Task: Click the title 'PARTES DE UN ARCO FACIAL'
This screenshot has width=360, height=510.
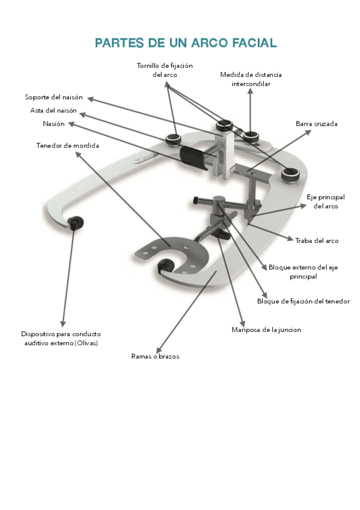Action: [185, 43]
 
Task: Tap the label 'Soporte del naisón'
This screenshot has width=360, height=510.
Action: [53, 97]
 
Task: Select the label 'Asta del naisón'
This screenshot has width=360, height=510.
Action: [53, 111]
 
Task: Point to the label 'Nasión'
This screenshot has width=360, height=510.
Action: [53, 124]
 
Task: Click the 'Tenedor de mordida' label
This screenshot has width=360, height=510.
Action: [68, 146]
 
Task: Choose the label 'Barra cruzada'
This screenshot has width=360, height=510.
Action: [316, 124]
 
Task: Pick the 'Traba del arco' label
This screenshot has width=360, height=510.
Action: [317, 241]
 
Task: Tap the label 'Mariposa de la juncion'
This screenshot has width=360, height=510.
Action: [266, 330]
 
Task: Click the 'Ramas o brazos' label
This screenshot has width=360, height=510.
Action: [155, 356]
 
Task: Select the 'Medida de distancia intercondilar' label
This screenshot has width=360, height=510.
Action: [251, 79]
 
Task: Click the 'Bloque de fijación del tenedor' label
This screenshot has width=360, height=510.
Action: [303, 301]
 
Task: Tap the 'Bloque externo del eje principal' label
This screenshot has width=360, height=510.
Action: [303, 272]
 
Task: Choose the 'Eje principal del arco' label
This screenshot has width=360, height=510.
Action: [325, 201]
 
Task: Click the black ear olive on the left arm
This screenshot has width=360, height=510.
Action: [75, 223]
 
